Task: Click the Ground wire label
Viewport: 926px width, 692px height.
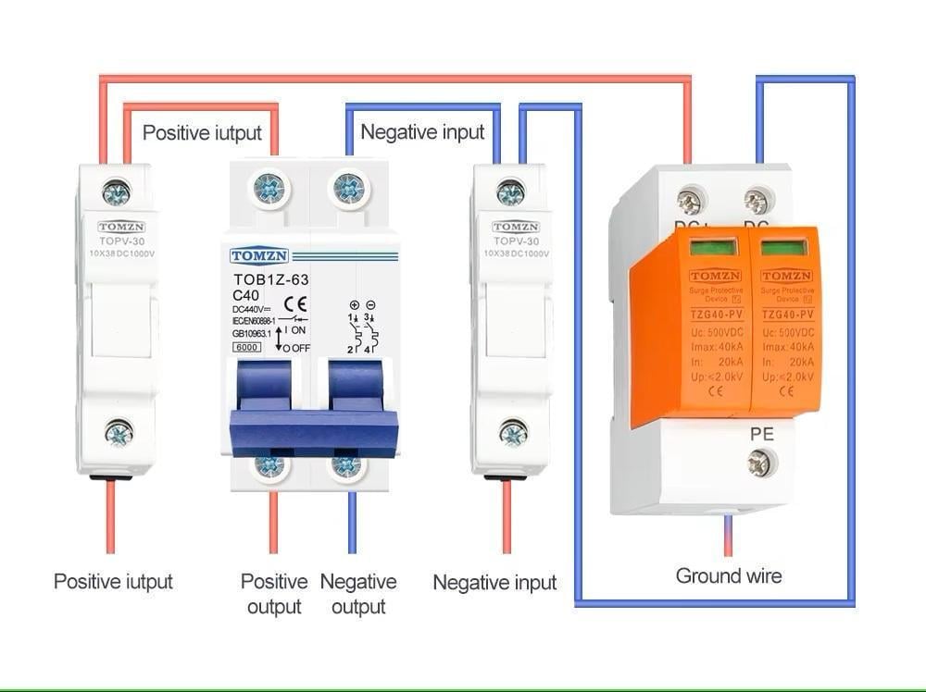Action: pyautogui.click(x=728, y=575)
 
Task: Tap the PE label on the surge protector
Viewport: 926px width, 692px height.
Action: pyautogui.click(x=761, y=433)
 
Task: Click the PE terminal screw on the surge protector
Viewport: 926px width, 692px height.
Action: pyautogui.click(x=760, y=463)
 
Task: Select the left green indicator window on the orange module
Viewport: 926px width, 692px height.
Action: pyautogui.click(x=713, y=247)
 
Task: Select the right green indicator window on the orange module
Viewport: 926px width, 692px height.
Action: pyautogui.click(x=785, y=247)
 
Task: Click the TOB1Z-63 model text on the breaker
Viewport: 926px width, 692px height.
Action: pyautogui.click(x=267, y=279)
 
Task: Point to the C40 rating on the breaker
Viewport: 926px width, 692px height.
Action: pyautogui.click(x=247, y=296)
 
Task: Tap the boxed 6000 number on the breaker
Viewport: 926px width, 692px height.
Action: pyautogui.click(x=248, y=347)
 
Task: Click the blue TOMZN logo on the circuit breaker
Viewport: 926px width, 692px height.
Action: pyautogui.click(x=259, y=255)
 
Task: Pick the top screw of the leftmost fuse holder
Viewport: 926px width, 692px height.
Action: pyautogui.click(x=116, y=193)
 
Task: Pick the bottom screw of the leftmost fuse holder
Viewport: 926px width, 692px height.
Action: pyautogui.click(x=119, y=432)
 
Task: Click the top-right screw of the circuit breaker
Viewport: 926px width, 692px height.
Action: pyautogui.click(x=348, y=189)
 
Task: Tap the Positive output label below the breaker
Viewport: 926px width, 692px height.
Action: pyautogui.click(x=274, y=594)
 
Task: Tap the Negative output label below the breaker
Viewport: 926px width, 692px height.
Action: pyautogui.click(x=358, y=594)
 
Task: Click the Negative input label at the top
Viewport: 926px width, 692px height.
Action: pyautogui.click(x=422, y=132)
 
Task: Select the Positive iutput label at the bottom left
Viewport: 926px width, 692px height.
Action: pyautogui.click(x=113, y=582)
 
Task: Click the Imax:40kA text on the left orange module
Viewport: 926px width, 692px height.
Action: pyautogui.click(x=713, y=346)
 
